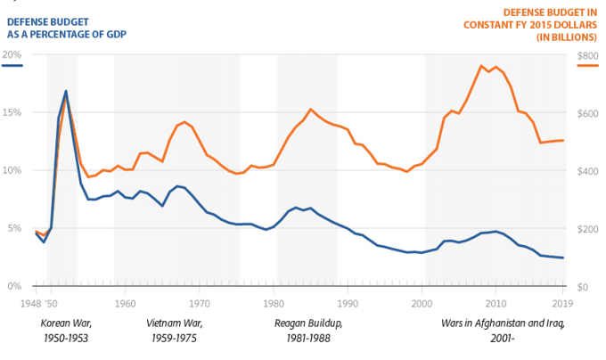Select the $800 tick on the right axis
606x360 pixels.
point(586,54)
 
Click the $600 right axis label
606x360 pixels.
point(586,112)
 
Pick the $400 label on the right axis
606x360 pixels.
point(586,170)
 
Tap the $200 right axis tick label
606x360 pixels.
point(586,228)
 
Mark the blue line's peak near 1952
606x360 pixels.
point(66,91)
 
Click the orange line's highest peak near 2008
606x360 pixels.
point(481,65)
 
